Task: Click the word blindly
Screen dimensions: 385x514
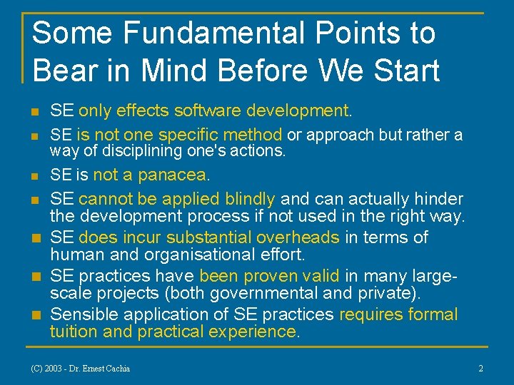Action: (249, 199)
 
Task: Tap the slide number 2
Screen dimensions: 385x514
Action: (480, 368)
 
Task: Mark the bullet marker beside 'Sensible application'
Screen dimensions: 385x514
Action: (34, 315)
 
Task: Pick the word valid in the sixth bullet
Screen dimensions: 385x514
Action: (321, 276)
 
